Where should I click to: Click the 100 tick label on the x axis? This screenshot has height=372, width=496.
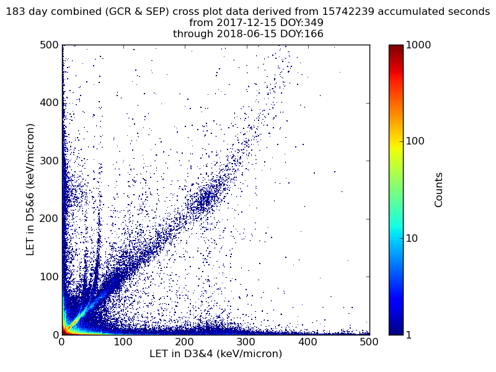pos(123,342)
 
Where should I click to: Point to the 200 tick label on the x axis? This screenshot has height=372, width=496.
pos(185,342)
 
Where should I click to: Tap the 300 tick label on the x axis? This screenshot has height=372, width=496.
pos(246,342)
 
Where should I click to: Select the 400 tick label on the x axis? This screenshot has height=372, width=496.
pos(308,342)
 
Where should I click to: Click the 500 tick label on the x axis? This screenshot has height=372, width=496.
pos(369,342)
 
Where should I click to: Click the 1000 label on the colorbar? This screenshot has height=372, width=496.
pos(419,45)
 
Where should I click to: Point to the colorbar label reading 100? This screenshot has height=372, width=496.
pos(416,141)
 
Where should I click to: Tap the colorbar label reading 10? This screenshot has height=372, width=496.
pos(414,238)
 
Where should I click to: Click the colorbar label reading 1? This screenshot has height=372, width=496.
pos(410,335)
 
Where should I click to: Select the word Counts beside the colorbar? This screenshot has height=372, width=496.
pos(439,190)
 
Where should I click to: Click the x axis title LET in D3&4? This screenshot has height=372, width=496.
pos(216,354)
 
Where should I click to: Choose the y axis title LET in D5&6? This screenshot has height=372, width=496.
pos(30,189)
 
